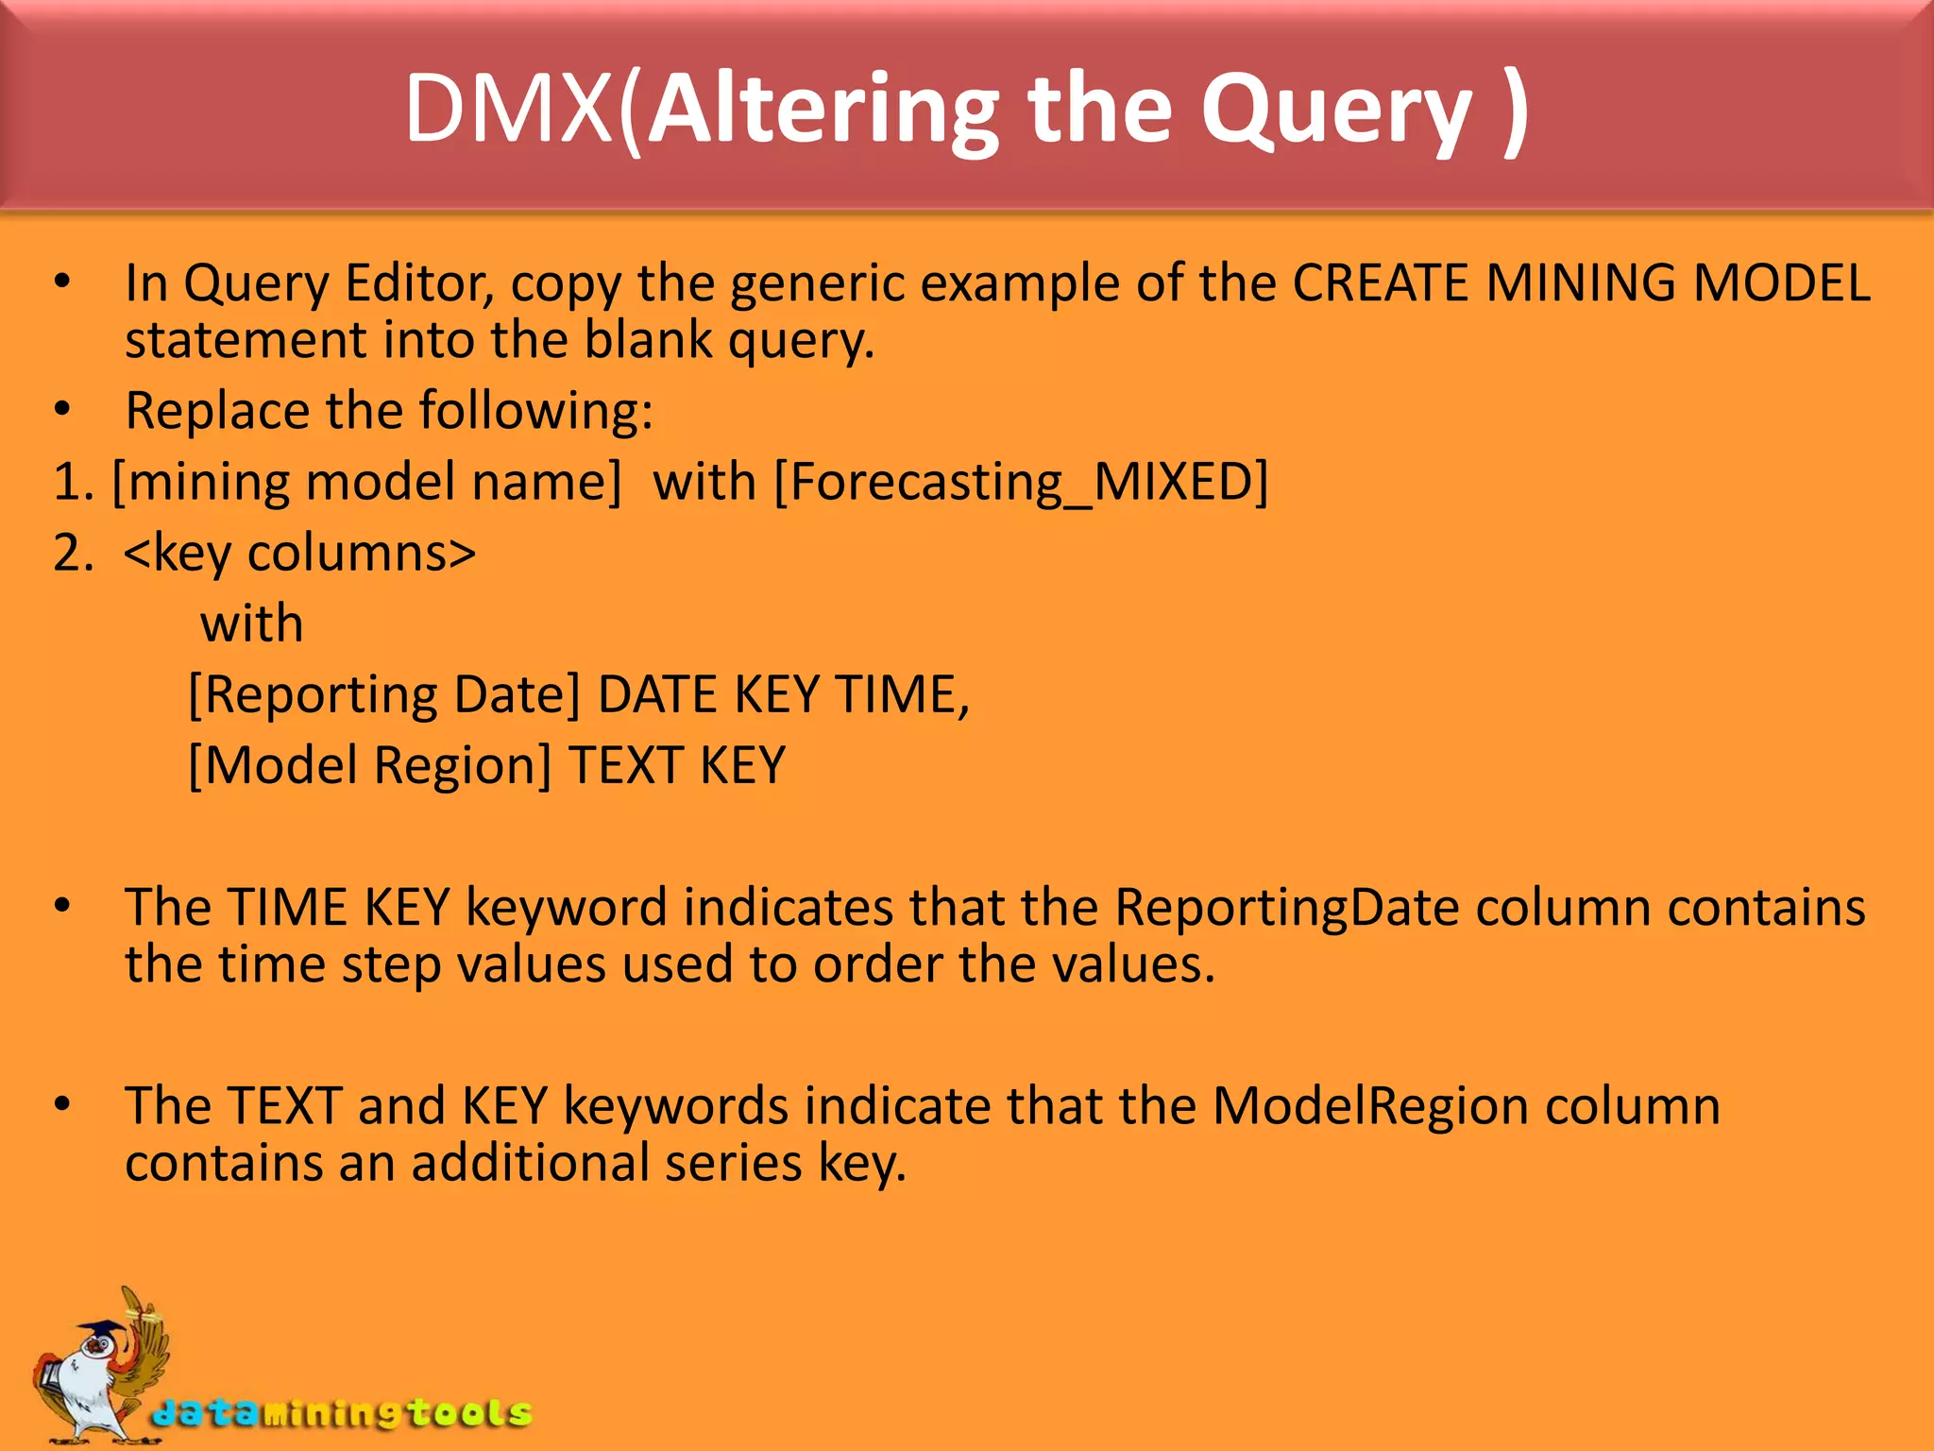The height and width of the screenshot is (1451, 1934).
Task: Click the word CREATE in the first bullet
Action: point(1380,282)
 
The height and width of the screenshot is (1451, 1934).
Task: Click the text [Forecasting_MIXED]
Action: point(1021,481)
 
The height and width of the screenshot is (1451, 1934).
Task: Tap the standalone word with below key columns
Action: point(251,623)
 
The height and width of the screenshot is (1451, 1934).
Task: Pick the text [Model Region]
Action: point(369,765)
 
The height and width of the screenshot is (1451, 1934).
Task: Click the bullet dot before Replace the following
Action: point(62,410)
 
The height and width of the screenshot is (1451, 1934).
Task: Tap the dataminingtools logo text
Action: point(342,1412)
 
